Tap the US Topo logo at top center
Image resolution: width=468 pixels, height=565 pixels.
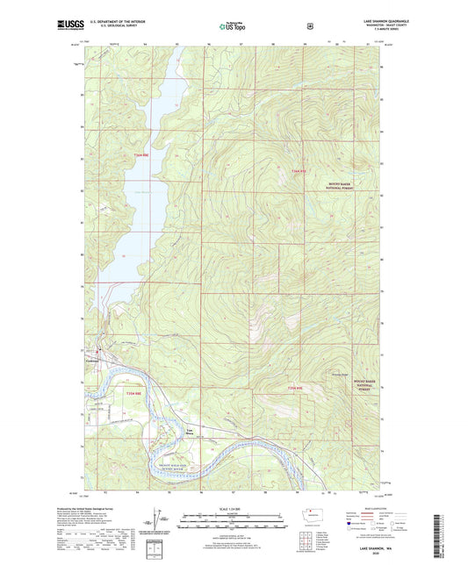[x=231, y=26]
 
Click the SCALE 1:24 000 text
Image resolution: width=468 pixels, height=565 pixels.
[x=230, y=510]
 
